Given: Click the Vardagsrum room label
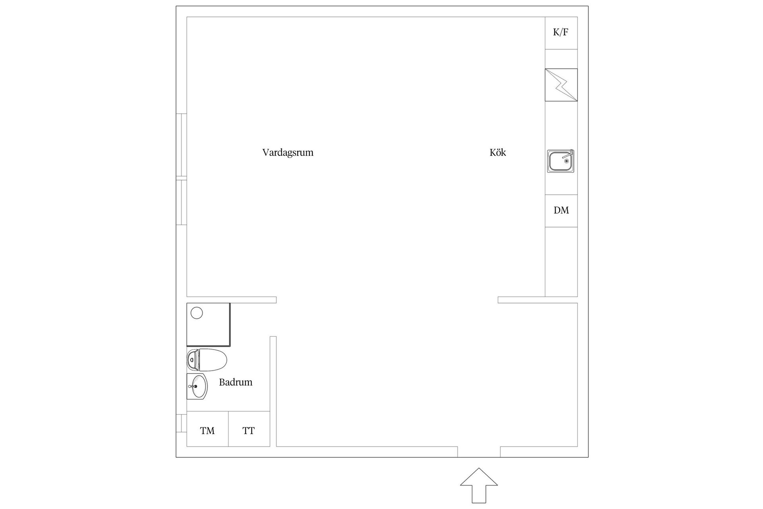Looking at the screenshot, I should (x=288, y=153).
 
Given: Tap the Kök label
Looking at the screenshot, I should (x=498, y=153).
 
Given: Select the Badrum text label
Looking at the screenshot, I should (x=236, y=383).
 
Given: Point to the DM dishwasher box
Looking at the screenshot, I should (x=561, y=211).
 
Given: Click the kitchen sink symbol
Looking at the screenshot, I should (x=560, y=161).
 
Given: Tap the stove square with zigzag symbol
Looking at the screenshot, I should (x=561, y=85).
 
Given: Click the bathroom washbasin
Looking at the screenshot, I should (x=197, y=386).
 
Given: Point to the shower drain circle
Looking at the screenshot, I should (x=197, y=313).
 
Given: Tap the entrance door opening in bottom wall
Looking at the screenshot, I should (x=479, y=452).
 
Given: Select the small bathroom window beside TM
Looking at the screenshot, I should (x=181, y=423).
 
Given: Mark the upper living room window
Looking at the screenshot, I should (x=181, y=145).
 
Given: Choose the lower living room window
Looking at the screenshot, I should (x=181, y=202).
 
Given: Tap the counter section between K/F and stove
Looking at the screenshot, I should (x=561, y=59).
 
